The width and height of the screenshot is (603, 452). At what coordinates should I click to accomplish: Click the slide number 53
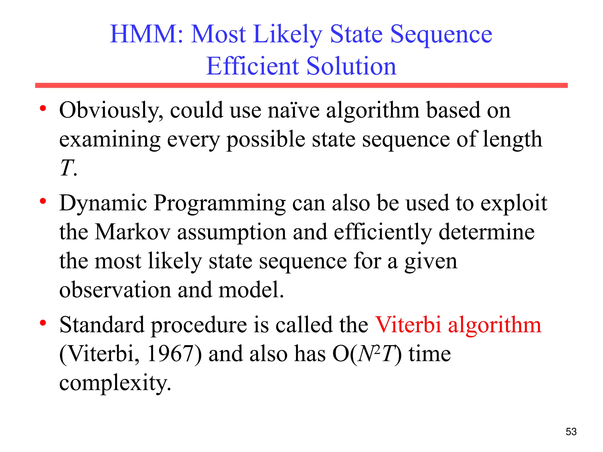571,432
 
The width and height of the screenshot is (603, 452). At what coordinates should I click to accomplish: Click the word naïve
293,111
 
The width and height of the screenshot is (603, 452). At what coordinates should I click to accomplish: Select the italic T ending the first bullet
67,168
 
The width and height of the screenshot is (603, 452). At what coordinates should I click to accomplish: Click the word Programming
219,204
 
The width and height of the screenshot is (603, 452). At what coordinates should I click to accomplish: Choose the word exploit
513,204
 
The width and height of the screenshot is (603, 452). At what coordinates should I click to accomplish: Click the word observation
115,290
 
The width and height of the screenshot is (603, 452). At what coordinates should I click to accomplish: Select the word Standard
102,325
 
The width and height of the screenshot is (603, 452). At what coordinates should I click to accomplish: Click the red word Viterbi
408,325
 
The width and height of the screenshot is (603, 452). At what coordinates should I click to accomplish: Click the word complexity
115,383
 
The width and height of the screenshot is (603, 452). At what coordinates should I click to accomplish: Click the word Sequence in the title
441,35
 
